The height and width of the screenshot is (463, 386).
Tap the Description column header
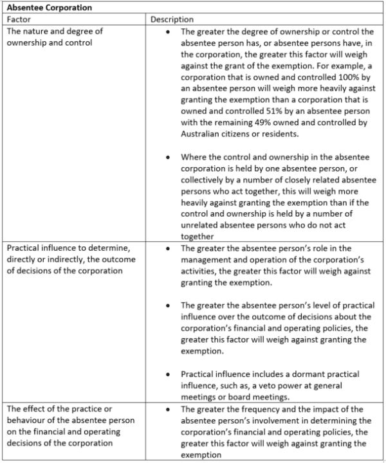[x=172, y=19]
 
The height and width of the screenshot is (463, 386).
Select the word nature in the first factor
[x=37, y=31]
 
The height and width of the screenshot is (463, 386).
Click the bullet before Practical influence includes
[x=168, y=374]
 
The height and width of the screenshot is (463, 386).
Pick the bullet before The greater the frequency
[x=168, y=409]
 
